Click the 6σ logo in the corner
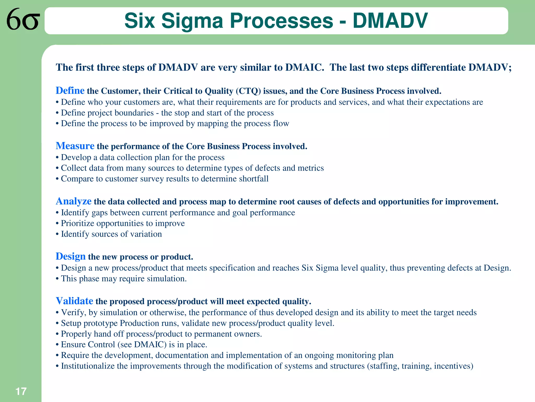click(23, 19)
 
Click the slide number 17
click(21, 392)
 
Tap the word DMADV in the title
click(390, 21)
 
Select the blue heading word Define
click(70, 91)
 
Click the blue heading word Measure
click(75, 146)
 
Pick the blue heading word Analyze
click(73, 201)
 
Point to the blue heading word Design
click(71, 256)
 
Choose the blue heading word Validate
click(74, 301)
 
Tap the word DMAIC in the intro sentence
click(304, 68)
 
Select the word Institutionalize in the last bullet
click(88, 366)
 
